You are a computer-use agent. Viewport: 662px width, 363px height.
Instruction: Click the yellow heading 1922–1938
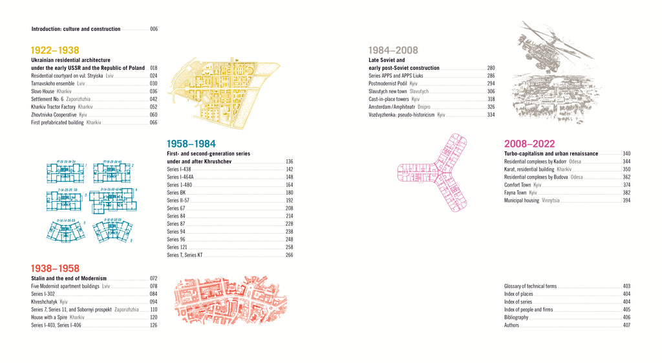[55, 50]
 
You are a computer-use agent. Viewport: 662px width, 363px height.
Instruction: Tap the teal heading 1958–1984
[191, 144]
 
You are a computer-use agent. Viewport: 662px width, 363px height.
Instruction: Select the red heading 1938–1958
[55, 268]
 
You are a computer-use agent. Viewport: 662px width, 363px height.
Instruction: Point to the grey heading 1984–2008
[393, 50]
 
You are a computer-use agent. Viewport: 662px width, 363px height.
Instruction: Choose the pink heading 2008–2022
[529, 144]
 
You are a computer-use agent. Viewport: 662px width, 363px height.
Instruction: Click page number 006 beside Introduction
[154, 29]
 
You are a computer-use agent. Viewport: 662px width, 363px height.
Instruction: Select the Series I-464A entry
[180, 177]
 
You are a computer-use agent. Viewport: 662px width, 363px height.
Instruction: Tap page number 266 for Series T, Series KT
[289, 255]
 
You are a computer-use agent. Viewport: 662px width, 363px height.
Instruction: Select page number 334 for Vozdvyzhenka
[491, 115]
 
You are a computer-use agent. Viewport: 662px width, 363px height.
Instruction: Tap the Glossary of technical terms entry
[530, 286]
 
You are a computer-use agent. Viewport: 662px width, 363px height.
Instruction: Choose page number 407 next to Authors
[626, 325]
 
